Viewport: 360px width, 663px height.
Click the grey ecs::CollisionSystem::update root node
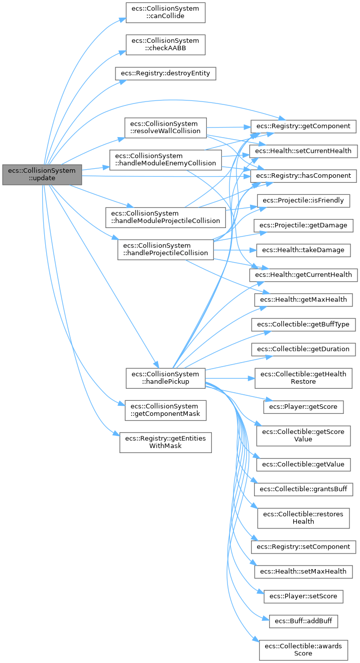pos(42,174)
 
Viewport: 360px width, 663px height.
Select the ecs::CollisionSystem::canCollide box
pos(165,12)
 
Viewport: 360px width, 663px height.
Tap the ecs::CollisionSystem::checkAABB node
pos(165,44)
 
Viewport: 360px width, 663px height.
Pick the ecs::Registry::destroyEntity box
pos(166,73)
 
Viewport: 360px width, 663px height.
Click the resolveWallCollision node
pos(165,127)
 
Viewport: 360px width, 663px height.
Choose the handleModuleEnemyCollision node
pos(166,159)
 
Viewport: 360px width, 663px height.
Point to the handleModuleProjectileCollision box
pos(165,217)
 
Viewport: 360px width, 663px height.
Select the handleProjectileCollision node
pos(166,249)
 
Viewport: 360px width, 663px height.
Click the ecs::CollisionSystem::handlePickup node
pos(165,378)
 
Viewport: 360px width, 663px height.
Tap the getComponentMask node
pos(165,410)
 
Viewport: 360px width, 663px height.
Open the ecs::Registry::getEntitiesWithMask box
pos(165,442)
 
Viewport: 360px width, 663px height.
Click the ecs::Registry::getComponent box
pos(303,126)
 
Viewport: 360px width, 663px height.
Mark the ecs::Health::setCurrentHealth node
pos(303,151)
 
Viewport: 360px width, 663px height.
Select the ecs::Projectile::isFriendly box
pos(303,200)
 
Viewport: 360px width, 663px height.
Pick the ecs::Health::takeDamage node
pos(303,250)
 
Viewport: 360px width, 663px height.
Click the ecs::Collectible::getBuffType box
pos(303,324)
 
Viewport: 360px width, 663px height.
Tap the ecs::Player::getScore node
pos(303,406)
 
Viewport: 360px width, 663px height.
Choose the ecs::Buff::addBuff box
pos(303,621)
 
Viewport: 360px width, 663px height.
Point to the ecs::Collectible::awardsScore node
pos(303,650)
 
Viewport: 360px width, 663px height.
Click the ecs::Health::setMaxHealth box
pos(303,571)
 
